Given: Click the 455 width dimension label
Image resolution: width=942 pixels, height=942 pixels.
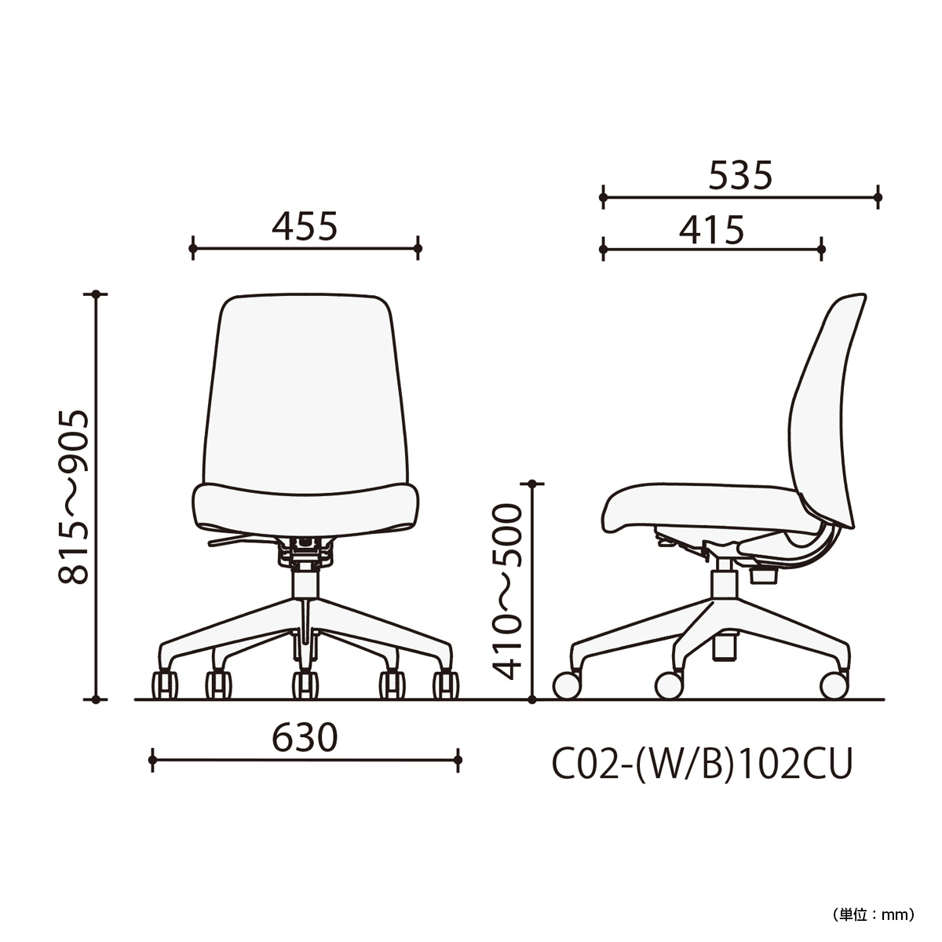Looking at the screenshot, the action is tap(304, 226).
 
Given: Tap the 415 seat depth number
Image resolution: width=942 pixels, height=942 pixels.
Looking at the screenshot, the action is tap(711, 230).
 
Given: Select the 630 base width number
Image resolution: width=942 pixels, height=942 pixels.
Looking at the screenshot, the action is tap(304, 738).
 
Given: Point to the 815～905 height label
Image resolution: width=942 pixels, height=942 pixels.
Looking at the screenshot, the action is tap(74, 497).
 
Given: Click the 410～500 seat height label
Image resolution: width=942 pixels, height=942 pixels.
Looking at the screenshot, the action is tap(506, 592).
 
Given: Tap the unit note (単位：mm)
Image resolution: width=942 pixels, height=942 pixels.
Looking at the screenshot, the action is tap(873, 915).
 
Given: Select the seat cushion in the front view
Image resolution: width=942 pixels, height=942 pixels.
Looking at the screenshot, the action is tap(305, 509).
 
